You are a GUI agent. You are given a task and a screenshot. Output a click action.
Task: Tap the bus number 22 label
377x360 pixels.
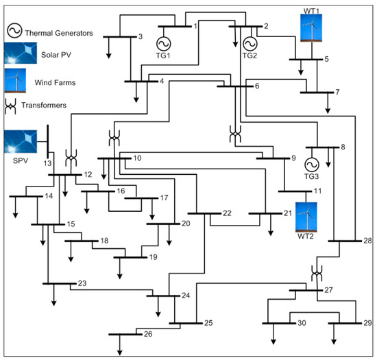pyautogui.click(x=227, y=213)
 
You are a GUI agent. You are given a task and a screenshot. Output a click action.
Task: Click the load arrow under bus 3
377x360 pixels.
pyautogui.click(x=108, y=51)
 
